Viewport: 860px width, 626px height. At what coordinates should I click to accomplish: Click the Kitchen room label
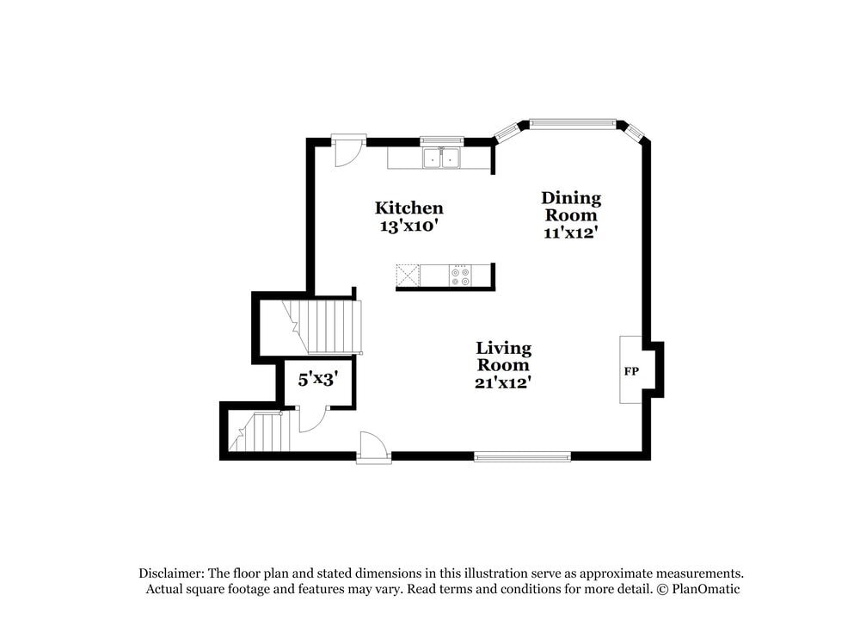[x=408, y=208]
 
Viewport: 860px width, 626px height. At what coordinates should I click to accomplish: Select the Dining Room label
[x=571, y=206]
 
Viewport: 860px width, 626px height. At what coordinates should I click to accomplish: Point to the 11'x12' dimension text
[x=571, y=232]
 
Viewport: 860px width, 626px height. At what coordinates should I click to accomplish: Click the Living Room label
[x=504, y=356]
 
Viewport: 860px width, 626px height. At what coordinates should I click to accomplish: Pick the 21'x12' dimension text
[x=504, y=382]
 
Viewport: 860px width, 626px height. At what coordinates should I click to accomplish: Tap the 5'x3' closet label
[x=317, y=378]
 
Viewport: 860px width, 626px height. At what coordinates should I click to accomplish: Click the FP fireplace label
[x=631, y=371]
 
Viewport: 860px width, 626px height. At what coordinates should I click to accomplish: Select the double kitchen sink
[x=442, y=158]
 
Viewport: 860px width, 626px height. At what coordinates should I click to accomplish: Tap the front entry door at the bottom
[x=373, y=446]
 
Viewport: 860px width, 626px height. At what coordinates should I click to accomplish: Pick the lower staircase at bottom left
[x=261, y=432]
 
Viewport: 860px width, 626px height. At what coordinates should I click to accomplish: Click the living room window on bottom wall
[x=522, y=456]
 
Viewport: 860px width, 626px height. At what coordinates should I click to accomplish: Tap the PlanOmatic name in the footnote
[x=704, y=589]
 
